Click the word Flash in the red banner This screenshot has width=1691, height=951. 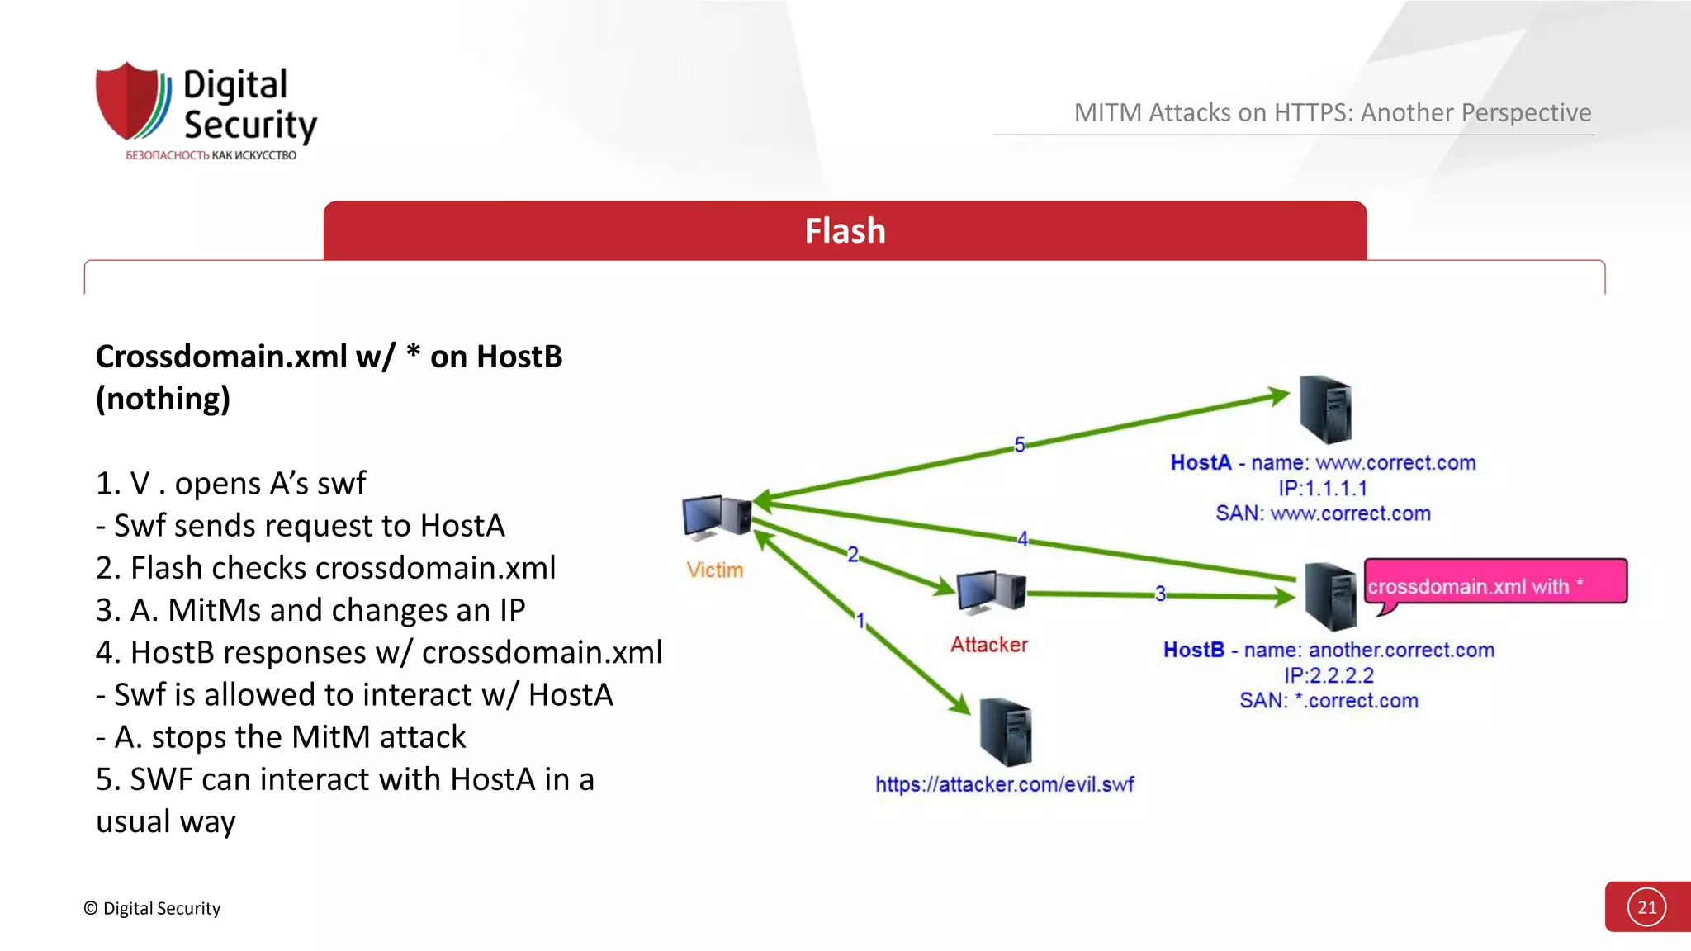coord(845,231)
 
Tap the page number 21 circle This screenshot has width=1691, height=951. coord(1646,907)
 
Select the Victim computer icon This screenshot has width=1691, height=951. coord(716,518)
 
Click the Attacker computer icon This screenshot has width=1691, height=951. coord(990,592)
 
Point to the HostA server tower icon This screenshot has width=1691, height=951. coord(1325,409)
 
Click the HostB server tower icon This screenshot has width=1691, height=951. coord(1329,596)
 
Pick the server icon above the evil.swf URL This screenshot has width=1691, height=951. coord(1005,731)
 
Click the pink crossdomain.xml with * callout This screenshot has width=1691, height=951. coord(1494,583)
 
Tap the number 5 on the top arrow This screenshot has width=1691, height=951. coord(1020,445)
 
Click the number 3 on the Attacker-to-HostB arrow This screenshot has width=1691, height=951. coord(1160,594)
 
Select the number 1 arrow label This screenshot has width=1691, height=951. coord(860,620)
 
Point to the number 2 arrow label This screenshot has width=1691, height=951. coord(853,555)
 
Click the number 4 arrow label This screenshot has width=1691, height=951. coord(1022,539)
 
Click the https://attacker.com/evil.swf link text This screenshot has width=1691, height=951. coord(1004,784)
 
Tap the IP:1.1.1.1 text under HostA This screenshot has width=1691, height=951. coord(1323,488)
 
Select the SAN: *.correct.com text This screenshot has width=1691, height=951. coord(1329,701)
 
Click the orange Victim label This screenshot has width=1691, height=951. coord(714,570)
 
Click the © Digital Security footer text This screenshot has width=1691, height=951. coord(152,908)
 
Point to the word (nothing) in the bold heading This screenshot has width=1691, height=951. coord(163,399)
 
